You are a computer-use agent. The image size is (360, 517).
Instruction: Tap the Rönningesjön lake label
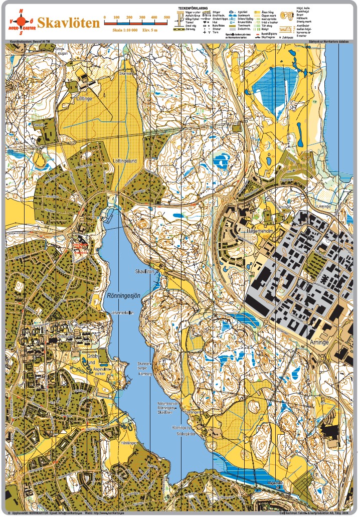123,295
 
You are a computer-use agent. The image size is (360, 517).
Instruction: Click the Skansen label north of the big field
125,74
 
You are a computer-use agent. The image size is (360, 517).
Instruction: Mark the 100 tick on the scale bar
116,18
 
